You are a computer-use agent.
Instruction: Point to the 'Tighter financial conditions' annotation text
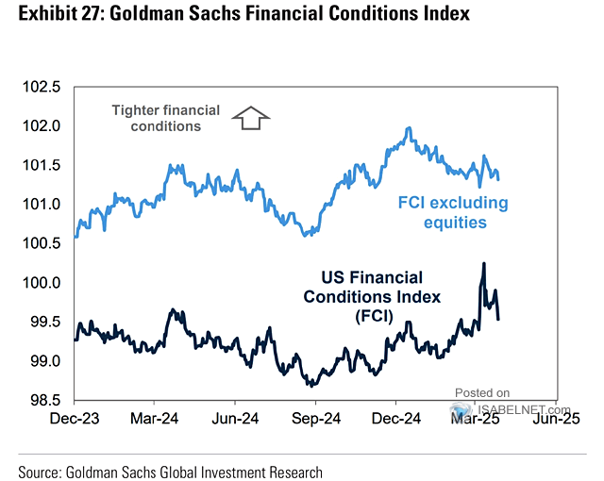click(165, 119)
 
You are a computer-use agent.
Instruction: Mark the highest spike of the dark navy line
click(483, 264)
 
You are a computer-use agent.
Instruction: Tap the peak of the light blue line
click(408, 128)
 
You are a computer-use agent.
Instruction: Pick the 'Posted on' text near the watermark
click(482, 392)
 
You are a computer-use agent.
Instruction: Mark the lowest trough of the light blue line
click(305, 234)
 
